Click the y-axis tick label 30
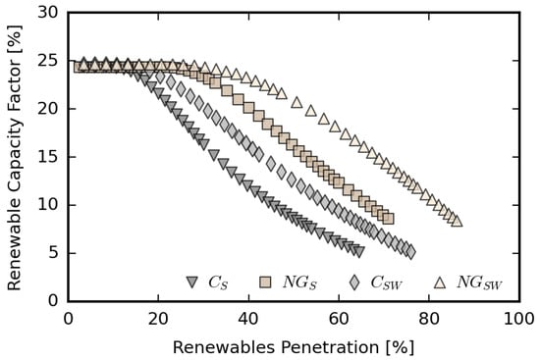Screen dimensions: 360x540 (x=46, y=13)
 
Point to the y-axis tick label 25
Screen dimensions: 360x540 (x=46, y=61)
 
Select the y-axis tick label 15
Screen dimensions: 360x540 (x=46, y=157)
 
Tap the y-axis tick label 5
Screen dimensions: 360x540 (x=51, y=253)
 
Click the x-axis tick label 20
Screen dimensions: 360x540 (x=158, y=319)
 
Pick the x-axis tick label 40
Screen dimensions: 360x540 (x=248, y=319)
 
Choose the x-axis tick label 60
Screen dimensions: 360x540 (x=339, y=319)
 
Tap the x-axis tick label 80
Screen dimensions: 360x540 (x=429, y=319)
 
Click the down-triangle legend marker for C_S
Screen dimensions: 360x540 (x=192, y=283)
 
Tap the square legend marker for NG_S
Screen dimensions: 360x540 (x=265, y=283)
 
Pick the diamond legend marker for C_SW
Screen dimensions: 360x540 (x=353, y=283)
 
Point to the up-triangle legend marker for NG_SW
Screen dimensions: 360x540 (x=439, y=283)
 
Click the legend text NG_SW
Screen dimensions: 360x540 (x=480, y=283)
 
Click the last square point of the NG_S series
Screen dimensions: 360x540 (x=388, y=218)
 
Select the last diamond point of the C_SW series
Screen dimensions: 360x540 (x=409, y=252)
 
